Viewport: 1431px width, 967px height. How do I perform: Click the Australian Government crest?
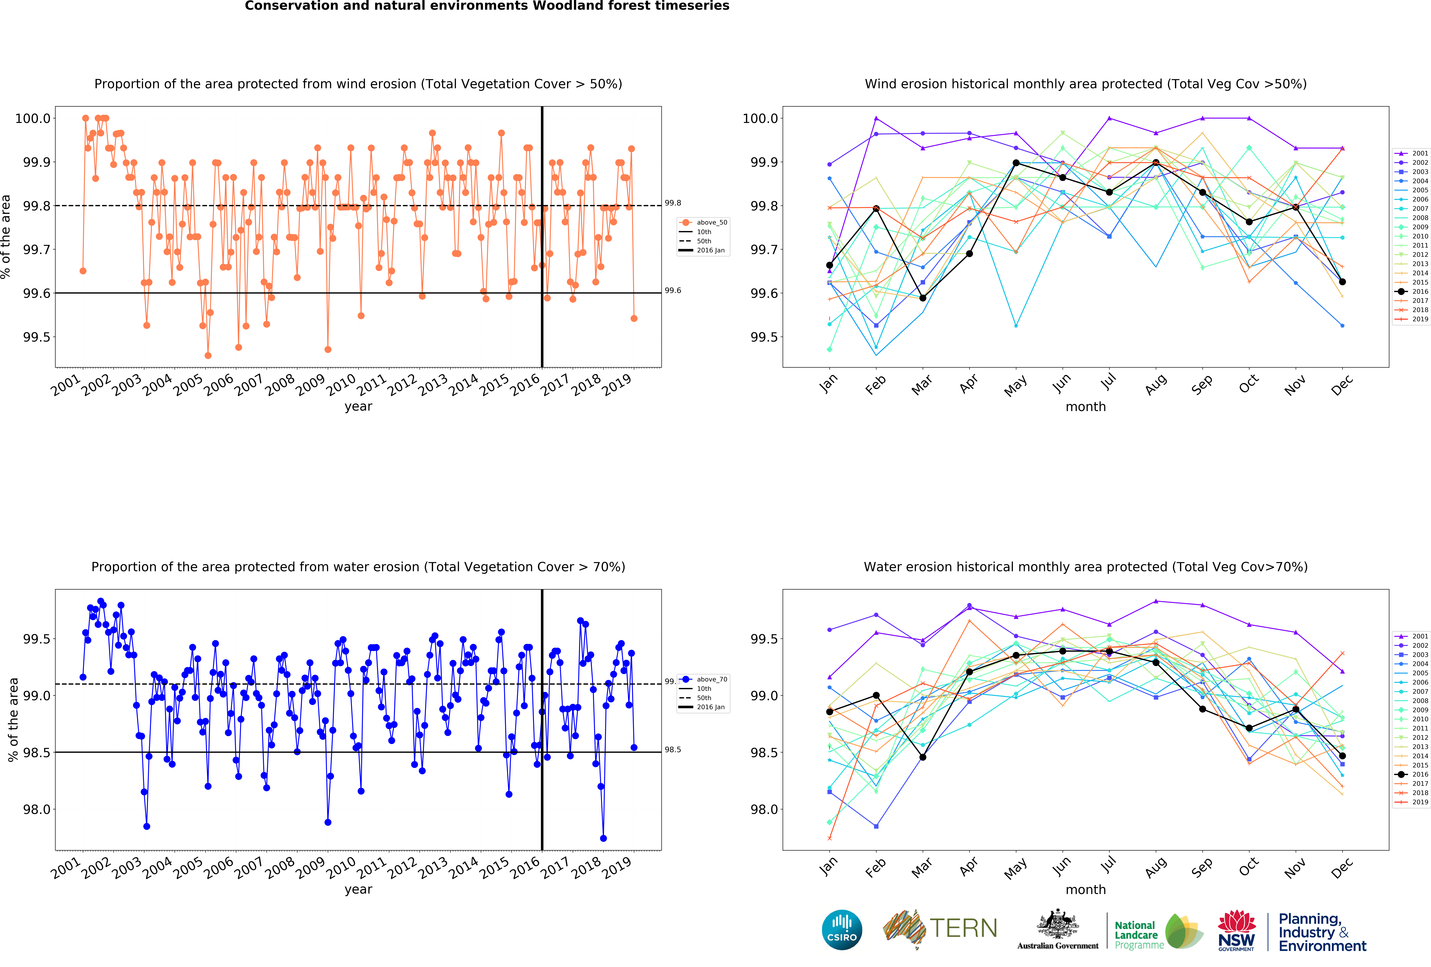coord(1057,924)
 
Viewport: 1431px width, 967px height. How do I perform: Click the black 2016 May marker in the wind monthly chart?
coord(1016,163)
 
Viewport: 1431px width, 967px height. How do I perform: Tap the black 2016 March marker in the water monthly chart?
coord(922,757)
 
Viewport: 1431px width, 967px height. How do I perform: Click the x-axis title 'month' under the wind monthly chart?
coord(1086,407)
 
